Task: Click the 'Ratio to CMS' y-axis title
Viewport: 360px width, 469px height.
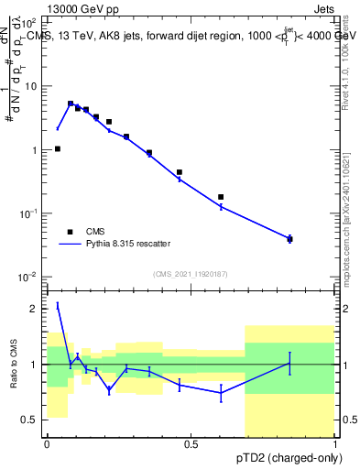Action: [x=15, y=365]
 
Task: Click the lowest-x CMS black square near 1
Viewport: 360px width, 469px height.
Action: [x=58, y=148]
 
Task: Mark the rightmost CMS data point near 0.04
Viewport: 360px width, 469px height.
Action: [x=289, y=239]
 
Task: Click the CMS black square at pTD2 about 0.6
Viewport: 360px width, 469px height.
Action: [x=221, y=197]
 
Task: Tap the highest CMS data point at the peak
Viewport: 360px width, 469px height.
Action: [x=71, y=104]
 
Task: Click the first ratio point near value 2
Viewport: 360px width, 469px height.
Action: [x=58, y=305]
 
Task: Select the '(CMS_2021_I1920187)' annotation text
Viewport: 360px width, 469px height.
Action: [x=190, y=273]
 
